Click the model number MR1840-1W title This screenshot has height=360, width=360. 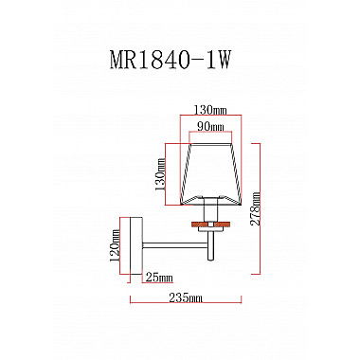point(169,60)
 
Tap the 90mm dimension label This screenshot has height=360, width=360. point(210,127)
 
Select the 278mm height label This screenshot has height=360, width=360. point(255,208)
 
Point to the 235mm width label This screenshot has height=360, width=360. point(186,297)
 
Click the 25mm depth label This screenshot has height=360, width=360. point(159,278)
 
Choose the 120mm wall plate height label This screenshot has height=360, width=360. point(115,246)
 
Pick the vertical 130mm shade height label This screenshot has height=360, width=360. point(160,174)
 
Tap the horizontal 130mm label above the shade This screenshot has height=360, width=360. point(210,110)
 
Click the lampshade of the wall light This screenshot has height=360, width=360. point(210,174)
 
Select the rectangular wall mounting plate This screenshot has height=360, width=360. point(136,245)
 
